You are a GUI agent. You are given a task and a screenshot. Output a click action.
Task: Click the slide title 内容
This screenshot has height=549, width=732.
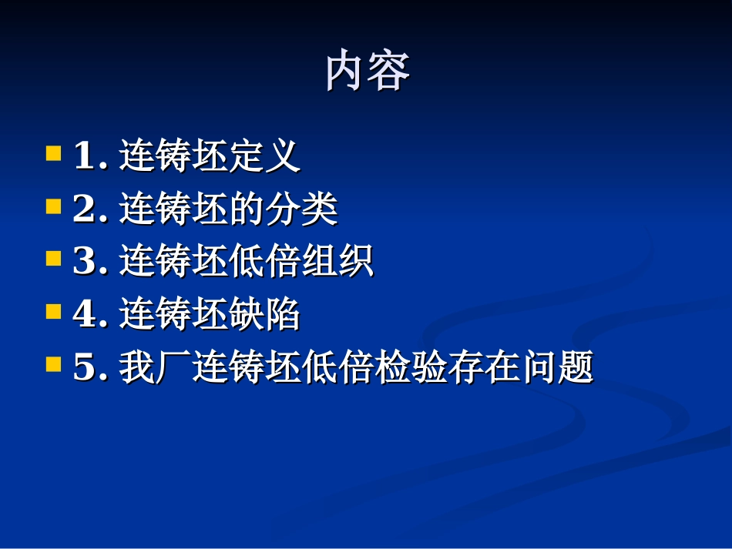tap(368, 72)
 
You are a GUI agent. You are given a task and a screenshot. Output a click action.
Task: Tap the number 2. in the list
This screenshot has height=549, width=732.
tap(90, 210)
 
